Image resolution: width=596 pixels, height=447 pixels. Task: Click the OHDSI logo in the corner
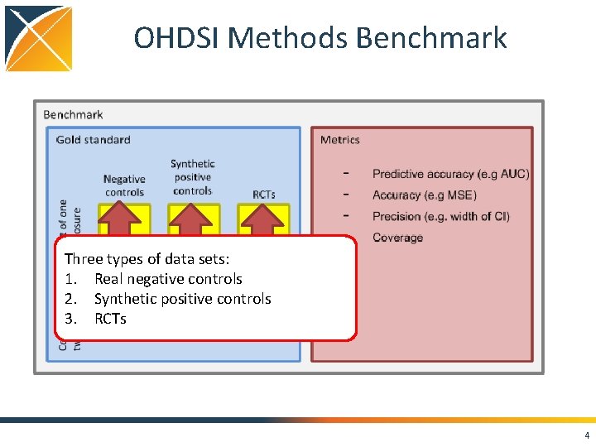point(37,38)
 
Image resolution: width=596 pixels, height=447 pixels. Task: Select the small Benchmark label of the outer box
point(73,114)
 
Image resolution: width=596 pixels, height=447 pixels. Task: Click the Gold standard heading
point(93,140)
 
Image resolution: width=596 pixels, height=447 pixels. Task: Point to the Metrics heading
point(340,140)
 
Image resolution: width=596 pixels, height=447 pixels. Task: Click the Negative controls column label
point(124,185)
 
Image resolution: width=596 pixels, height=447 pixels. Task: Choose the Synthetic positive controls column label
point(192,177)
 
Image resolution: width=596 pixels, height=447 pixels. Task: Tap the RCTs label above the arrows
point(264,195)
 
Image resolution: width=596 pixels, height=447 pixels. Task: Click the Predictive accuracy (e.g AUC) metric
point(450,174)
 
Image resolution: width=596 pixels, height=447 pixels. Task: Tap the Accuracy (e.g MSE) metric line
point(424,195)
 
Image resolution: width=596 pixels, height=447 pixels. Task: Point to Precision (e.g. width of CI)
point(440,217)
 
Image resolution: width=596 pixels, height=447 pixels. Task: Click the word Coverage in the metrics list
point(397,238)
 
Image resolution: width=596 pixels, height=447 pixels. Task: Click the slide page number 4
point(587,436)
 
